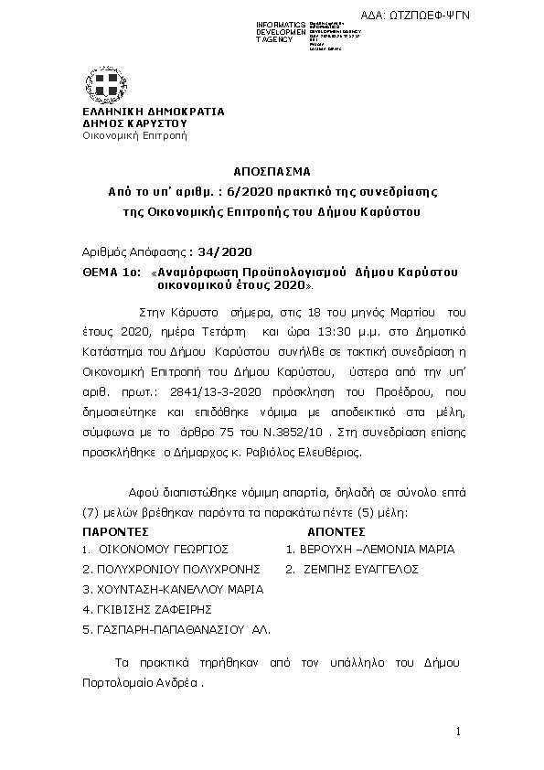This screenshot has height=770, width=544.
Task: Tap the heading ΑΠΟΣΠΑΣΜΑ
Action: pos(272,171)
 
